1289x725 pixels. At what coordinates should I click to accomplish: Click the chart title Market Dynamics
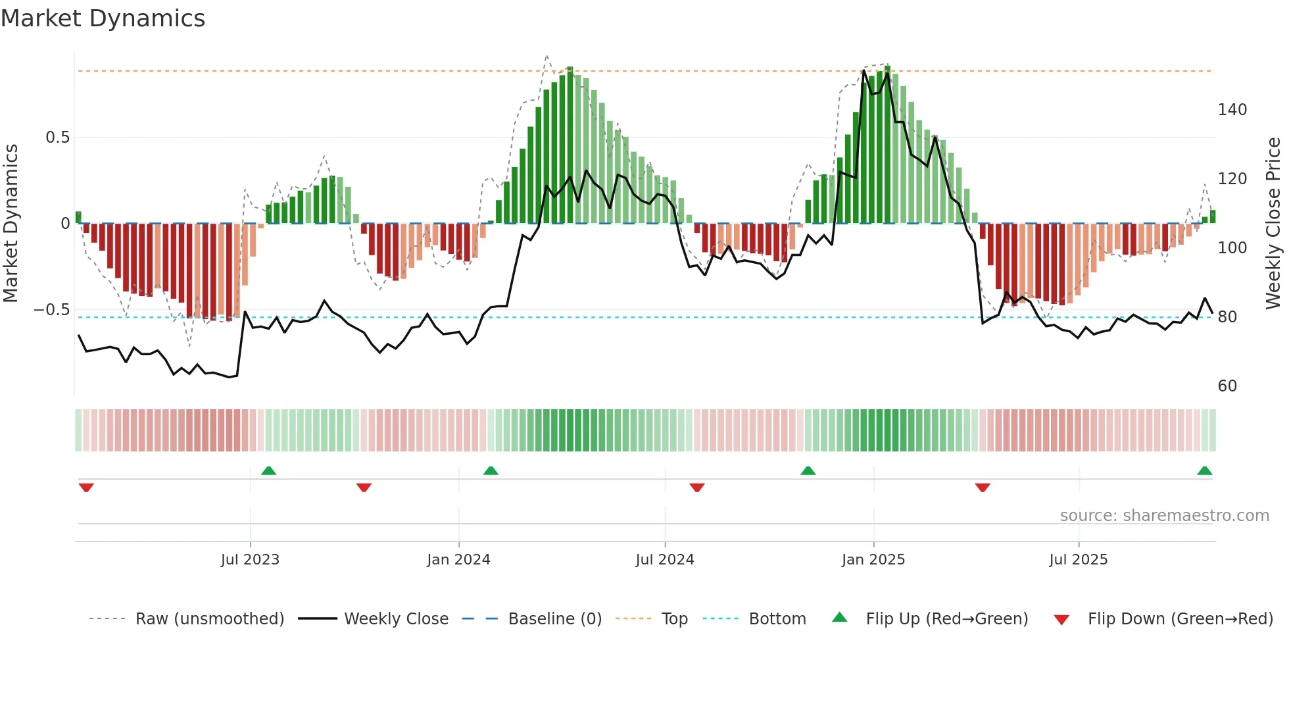click(103, 18)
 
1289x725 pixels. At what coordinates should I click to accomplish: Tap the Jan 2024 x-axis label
click(458, 560)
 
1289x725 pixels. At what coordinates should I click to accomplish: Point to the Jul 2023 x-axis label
click(250, 560)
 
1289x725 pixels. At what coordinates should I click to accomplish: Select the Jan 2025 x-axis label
click(873, 560)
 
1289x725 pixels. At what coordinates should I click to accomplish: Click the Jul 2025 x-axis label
click(1079, 560)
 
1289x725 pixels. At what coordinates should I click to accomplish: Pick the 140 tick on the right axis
click(1232, 110)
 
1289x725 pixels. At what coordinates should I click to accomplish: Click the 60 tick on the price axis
click(1227, 386)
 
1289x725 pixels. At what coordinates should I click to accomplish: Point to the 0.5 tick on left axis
click(57, 137)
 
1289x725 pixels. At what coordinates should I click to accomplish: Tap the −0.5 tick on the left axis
click(52, 310)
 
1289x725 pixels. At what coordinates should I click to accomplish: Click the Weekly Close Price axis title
click(1273, 224)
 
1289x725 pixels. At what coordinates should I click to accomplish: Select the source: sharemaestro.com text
click(1164, 516)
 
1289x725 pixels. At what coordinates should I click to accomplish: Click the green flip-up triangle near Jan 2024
click(491, 470)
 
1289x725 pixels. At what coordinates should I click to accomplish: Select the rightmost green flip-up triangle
click(1205, 470)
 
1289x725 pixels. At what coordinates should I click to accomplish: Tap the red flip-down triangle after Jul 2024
click(697, 488)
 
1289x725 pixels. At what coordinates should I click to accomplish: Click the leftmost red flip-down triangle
click(86, 488)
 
